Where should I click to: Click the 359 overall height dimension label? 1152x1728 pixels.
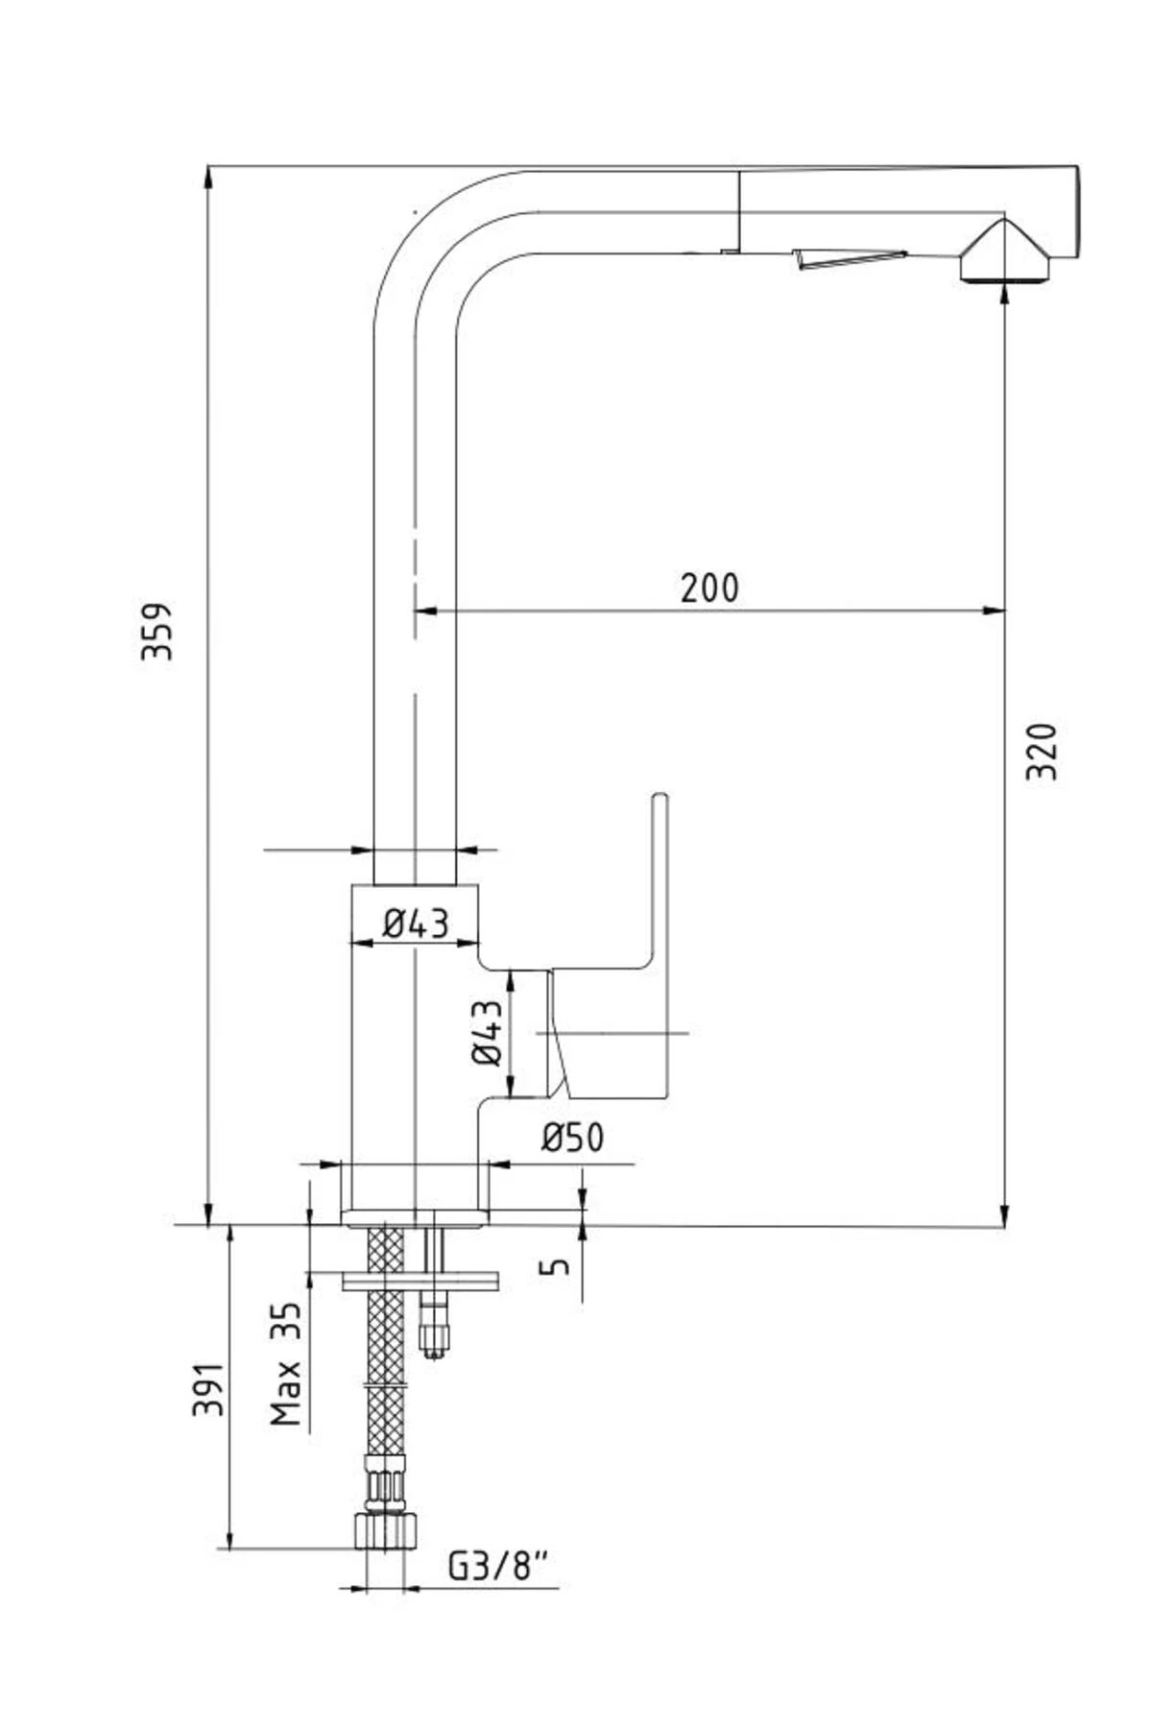(156, 631)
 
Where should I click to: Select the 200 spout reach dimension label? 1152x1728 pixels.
(710, 588)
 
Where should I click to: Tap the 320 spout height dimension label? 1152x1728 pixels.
(1041, 751)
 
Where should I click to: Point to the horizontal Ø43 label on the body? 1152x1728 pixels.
(416, 924)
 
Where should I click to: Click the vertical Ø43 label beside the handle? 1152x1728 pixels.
(488, 1032)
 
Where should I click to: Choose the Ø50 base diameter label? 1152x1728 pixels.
(573, 1139)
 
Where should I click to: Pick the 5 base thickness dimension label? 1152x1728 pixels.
(556, 1266)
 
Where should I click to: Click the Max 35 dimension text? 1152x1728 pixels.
(285, 1362)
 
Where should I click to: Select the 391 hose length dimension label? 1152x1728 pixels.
(209, 1388)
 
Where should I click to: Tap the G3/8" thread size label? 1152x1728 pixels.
(499, 1568)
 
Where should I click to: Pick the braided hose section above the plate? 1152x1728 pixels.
(386, 1248)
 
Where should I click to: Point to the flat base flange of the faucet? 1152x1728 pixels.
(415, 1218)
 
